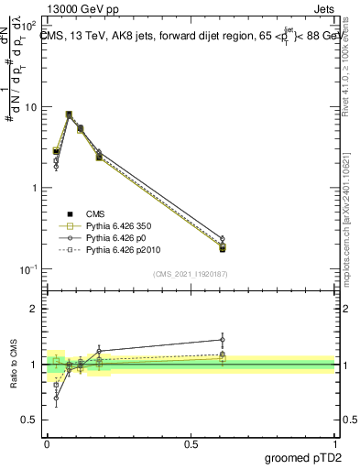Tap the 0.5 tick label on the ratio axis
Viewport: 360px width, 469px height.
pyautogui.click(x=31, y=421)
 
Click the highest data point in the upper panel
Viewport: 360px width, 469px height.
pyautogui.click(x=70, y=115)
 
